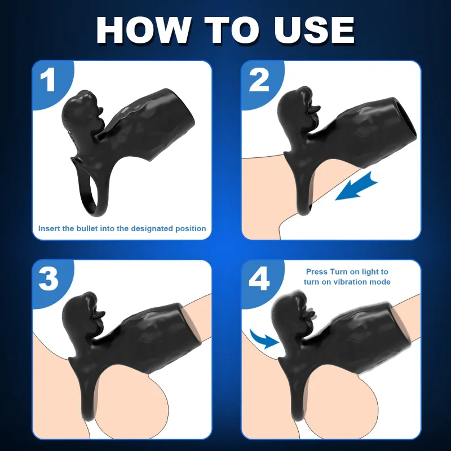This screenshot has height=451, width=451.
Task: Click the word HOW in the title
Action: click(x=144, y=30)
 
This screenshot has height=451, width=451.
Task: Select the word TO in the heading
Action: click(x=232, y=30)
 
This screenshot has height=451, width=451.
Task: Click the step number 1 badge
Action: click(x=47, y=81)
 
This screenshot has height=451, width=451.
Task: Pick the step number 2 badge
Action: click(x=259, y=81)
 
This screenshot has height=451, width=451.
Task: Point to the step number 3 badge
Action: click(x=48, y=279)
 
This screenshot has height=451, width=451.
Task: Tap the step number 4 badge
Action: click(x=259, y=279)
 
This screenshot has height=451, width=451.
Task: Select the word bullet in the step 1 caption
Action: click(x=86, y=228)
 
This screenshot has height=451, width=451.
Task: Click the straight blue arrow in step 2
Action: click(x=357, y=187)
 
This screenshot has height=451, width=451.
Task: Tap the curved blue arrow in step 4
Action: click(x=264, y=339)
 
